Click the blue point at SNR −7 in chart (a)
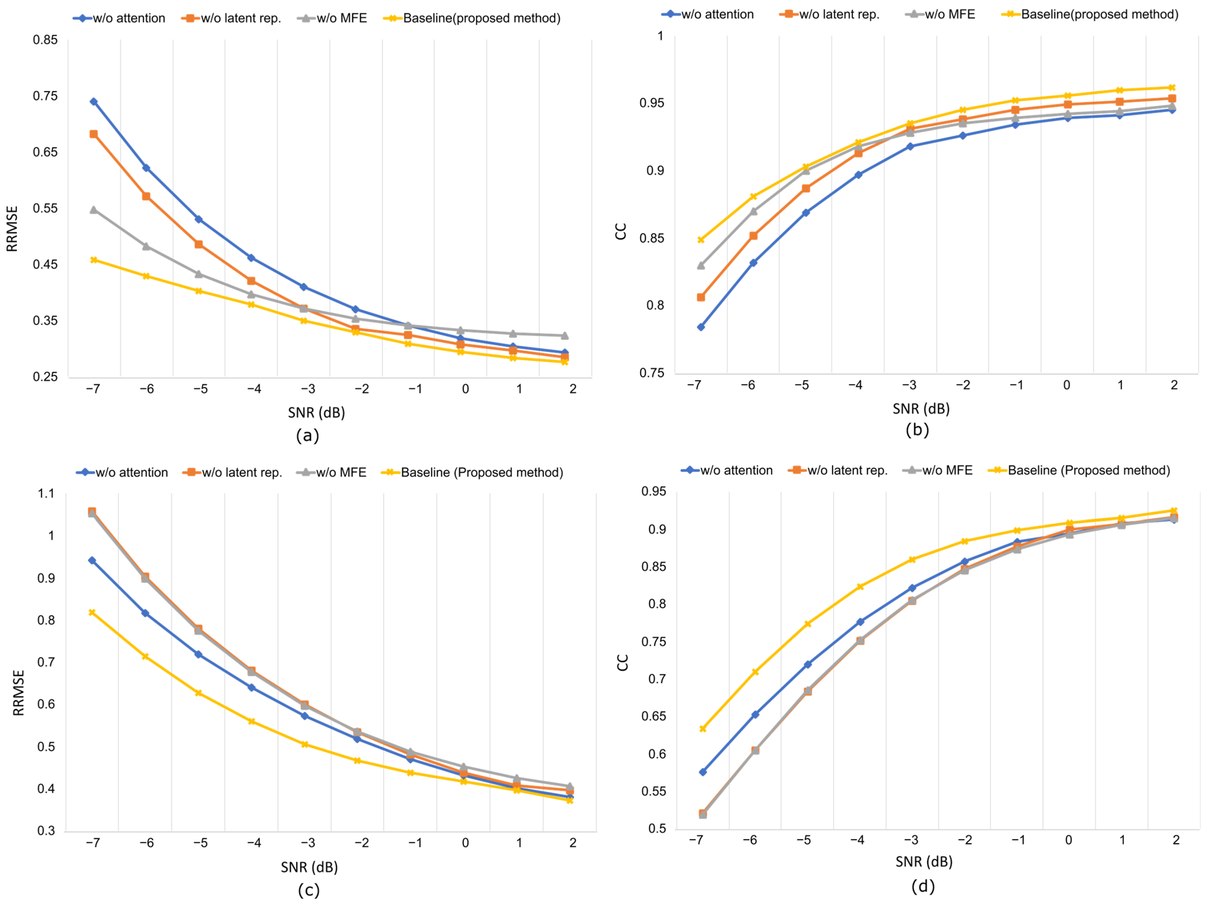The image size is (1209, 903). tap(93, 102)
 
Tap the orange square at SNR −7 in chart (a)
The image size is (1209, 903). tap(93, 134)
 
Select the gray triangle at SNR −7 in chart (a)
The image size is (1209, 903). tap(93, 210)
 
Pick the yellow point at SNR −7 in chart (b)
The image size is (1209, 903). tap(701, 240)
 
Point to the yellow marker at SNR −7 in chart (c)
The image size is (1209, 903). tap(92, 612)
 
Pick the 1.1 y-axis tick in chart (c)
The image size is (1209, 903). tap(46, 493)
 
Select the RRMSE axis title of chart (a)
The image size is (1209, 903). tap(12, 228)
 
